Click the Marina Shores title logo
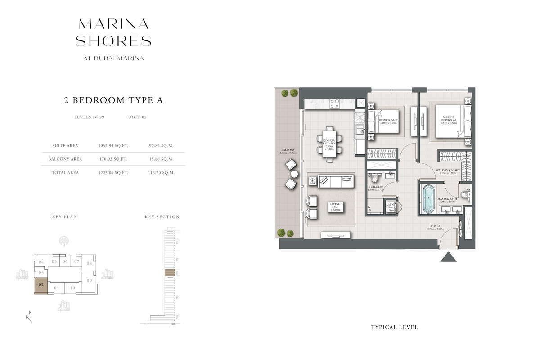point(113,32)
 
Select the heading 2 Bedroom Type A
point(113,100)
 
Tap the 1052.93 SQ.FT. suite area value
point(113,146)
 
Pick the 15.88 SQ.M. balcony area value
point(161,159)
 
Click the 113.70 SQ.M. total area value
point(161,172)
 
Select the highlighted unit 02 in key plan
point(41,285)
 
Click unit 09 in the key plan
point(89,281)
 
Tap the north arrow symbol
point(29,319)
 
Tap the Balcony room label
point(288,152)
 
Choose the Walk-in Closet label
point(446,171)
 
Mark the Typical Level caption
point(394,327)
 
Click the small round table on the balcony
point(294,174)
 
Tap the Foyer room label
point(435,227)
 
